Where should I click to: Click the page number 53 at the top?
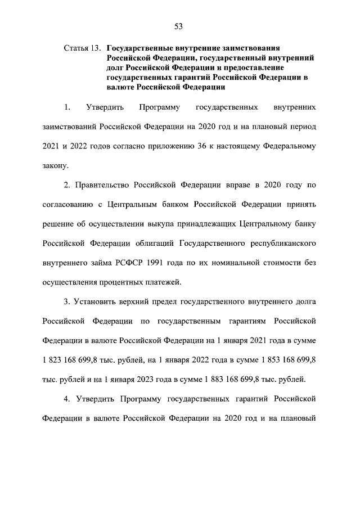tap(179, 25)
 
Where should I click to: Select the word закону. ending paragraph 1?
tap(56, 165)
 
